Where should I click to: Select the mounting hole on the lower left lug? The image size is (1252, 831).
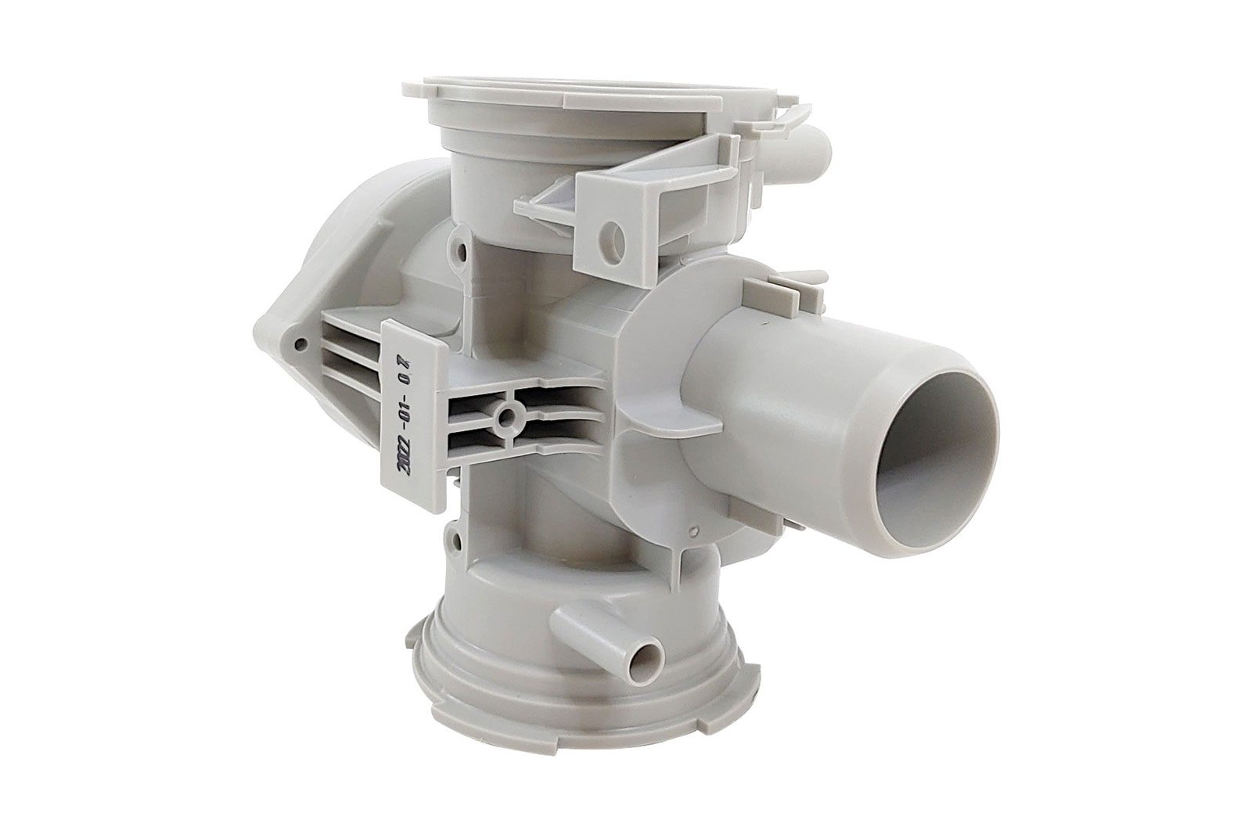coord(457,541)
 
